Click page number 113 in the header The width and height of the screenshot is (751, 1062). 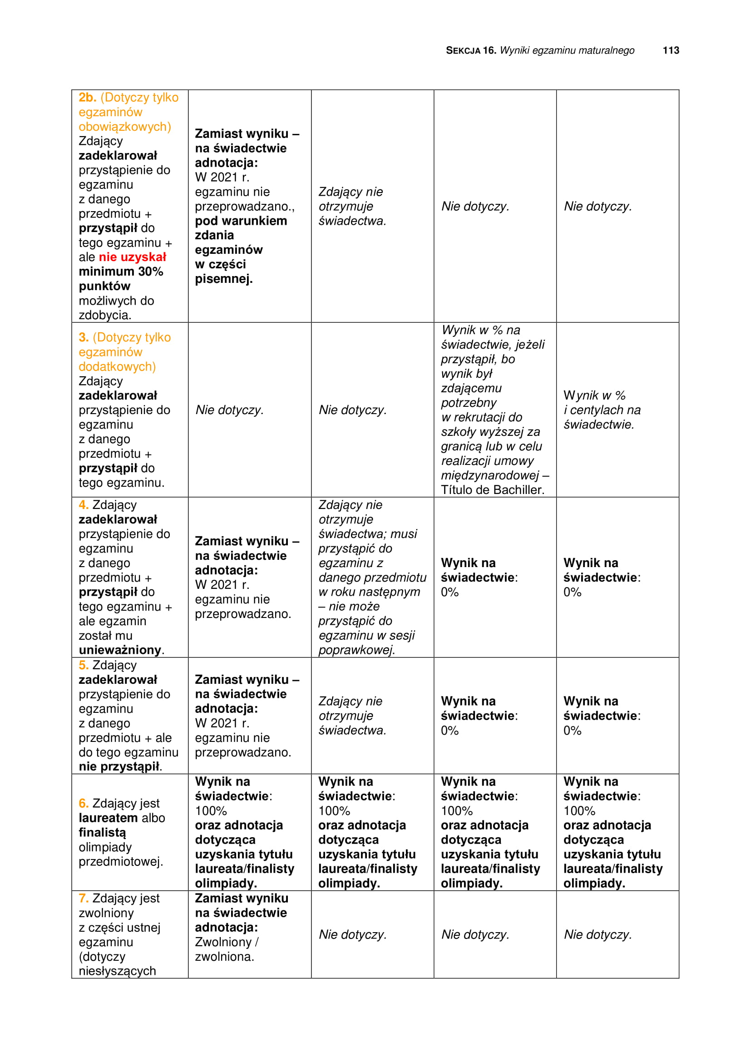tap(671, 50)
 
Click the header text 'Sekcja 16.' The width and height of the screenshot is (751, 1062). tap(470, 50)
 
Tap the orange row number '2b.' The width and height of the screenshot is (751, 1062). tap(87, 98)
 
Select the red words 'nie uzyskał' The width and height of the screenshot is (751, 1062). tap(132, 257)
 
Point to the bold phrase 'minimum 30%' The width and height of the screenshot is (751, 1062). tap(121, 272)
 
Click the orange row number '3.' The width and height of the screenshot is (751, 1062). tap(83, 338)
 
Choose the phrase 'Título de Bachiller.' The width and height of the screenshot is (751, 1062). tap(492, 490)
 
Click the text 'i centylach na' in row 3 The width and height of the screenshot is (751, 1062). tap(602, 410)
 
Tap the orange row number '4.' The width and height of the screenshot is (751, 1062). tap(83, 505)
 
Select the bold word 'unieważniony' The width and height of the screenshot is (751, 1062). tap(120, 650)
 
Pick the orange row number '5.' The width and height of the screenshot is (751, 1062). tap(83, 665)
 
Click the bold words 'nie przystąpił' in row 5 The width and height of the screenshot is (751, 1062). tap(119, 766)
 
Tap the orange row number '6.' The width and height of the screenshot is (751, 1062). tap(83, 804)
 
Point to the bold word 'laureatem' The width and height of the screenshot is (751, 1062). tap(108, 818)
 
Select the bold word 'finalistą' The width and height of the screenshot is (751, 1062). tap(102, 833)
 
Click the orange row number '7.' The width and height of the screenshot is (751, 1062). tap(83, 898)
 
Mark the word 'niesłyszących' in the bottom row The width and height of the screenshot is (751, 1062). tap(117, 971)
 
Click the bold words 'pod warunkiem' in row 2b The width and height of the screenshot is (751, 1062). tap(241, 221)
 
